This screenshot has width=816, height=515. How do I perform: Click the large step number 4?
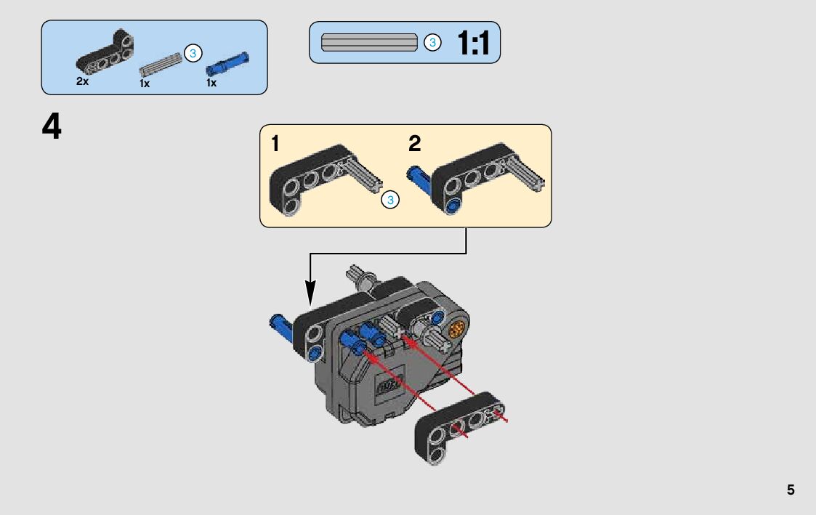click(x=52, y=127)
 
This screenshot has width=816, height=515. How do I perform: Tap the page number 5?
click(x=791, y=490)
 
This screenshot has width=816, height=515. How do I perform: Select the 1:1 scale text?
click(x=473, y=44)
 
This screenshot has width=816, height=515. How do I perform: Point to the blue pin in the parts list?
click(x=227, y=63)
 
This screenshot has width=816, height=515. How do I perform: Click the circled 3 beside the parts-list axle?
click(x=193, y=53)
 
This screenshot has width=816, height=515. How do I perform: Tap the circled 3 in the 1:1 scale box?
click(x=432, y=43)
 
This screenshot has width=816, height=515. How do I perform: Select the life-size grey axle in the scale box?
click(x=369, y=43)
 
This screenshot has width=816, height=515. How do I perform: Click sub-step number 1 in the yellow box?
click(x=275, y=144)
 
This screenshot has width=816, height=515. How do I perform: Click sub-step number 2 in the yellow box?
click(x=414, y=144)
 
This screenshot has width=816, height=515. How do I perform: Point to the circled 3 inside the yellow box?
click(x=390, y=200)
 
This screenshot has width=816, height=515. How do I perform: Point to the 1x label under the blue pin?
click(x=211, y=83)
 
